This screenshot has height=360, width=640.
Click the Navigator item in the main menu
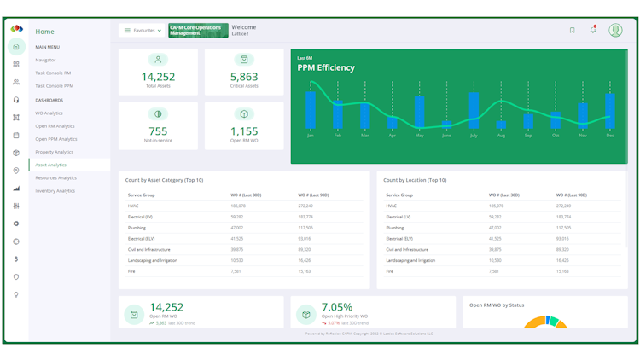[45, 60]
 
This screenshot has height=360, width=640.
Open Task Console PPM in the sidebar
[54, 86]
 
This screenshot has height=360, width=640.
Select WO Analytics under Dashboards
[49, 113]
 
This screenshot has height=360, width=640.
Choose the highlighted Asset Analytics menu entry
[50, 165]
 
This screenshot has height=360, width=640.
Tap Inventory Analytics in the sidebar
[55, 191]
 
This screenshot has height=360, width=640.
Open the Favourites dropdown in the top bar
[143, 31]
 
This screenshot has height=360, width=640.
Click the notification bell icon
[593, 30]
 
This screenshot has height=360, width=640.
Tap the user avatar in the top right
[615, 30]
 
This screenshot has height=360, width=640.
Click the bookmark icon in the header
[572, 31]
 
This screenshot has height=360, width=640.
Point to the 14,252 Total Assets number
[158, 77]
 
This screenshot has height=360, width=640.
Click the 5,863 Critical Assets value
[244, 77]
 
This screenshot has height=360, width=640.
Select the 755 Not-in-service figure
[158, 131]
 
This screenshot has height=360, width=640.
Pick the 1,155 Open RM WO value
[244, 131]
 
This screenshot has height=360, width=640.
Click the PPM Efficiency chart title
[326, 67]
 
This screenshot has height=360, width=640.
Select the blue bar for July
[474, 110]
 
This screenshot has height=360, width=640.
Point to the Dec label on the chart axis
[610, 136]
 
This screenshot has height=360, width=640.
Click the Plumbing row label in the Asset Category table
[138, 228]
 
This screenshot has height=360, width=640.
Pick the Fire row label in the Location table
[390, 271]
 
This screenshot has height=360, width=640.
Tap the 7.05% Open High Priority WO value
[336, 307]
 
